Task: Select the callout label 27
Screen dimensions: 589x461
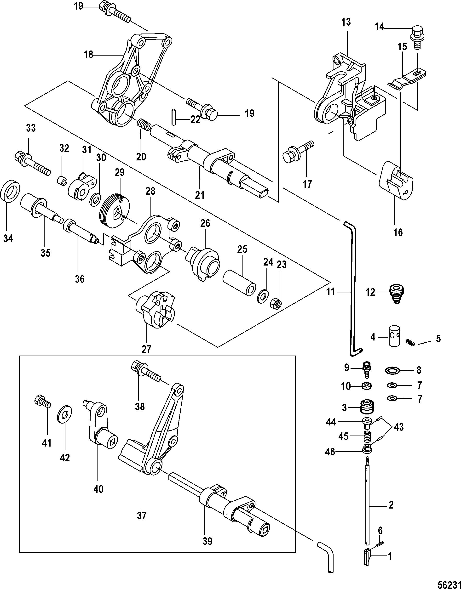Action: (147, 349)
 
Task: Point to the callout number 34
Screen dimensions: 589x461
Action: (8, 238)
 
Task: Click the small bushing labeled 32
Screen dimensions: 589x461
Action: (62, 181)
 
